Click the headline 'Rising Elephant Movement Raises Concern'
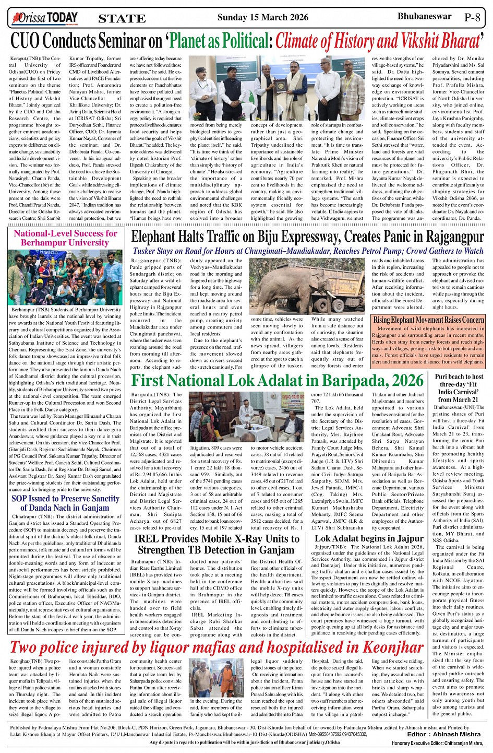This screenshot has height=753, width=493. click(428, 320)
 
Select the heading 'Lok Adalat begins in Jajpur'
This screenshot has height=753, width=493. click(369, 538)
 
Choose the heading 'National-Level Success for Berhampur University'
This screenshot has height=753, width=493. click(65, 238)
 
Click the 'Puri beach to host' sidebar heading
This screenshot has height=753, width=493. click(459, 376)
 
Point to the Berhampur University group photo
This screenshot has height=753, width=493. click(65, 277)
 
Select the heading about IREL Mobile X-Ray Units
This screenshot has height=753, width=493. click(217, 544)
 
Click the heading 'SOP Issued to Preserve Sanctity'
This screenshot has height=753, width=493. click(65, 498)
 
